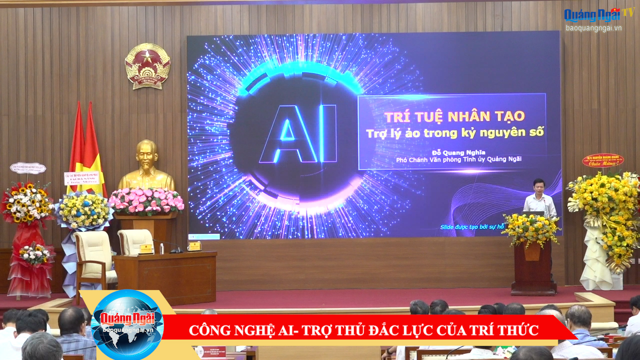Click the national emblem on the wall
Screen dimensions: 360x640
[147, 66]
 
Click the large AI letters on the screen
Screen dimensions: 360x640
[298, 134]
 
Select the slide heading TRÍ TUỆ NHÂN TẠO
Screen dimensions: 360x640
[454, 117]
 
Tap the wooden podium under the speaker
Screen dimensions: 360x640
[533, 268]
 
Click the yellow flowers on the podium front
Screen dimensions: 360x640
[531, 229]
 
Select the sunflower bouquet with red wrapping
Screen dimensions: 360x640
[27, 204]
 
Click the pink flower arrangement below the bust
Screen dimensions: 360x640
[146, 200]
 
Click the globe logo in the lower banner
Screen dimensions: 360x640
[127, 325]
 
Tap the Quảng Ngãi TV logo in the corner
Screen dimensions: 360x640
[598, 14]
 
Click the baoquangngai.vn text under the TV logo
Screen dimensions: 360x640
[593, 28]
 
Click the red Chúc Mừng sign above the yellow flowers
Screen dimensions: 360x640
[602, 160]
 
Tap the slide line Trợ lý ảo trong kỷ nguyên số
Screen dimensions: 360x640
[454, 133]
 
